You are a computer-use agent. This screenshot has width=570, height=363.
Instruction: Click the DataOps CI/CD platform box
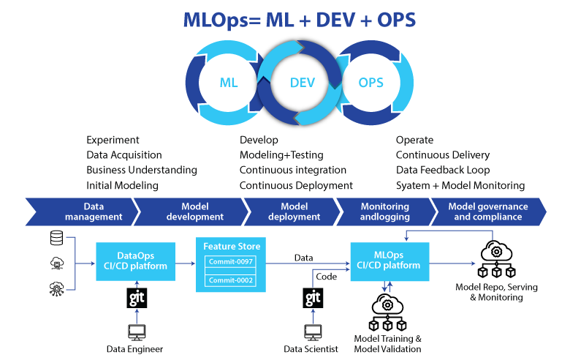point(136,261)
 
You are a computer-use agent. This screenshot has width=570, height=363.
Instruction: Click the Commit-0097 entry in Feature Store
point(231,262)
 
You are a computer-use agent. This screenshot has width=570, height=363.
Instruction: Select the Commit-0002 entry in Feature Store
point(231,280)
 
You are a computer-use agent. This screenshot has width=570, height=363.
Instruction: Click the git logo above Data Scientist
point(313,299)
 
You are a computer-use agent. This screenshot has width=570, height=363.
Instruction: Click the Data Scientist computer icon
point(313,332)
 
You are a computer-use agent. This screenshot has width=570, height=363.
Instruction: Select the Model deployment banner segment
point(291,212)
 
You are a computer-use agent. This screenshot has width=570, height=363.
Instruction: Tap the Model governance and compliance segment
point(487,212)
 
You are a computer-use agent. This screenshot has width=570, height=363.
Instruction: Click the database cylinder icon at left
point(56,238)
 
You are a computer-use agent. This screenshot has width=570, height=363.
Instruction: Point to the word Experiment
point(113,140)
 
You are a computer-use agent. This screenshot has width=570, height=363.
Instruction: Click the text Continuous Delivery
point(442,155)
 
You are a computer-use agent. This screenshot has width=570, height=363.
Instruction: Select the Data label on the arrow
point(304,258)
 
